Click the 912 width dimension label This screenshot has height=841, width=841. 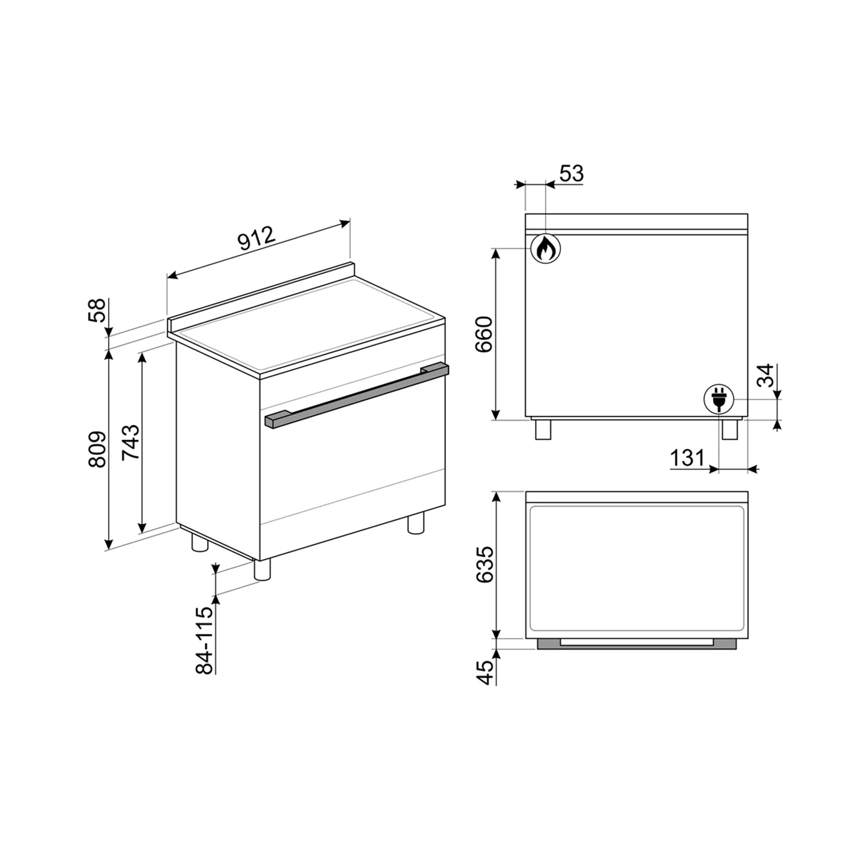pos(257,238)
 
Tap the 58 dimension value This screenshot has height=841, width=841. pos(97,311)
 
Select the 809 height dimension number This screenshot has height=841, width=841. pos(97,450)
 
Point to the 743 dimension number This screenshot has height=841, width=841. pos(131,442)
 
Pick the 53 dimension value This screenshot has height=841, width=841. pos(571,173)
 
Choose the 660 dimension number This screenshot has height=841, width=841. pos(484,335)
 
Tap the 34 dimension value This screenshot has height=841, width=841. pos(765,375)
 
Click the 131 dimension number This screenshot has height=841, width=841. pos(687,458)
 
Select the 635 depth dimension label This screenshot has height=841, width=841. pos(485,565)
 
